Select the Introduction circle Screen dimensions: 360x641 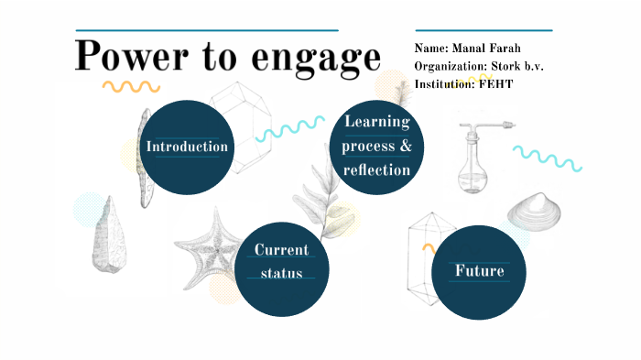pos(188,147)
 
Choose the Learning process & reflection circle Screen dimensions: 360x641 pos(377,147)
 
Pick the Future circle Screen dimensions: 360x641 pos(479,272)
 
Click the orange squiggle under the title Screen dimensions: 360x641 pos(131,87)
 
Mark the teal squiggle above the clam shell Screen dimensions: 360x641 pos(547,158)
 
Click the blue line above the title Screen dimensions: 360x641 pos(207,30)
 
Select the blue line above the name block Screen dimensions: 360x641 pos(483,30)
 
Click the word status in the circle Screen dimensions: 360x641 pos(281,273)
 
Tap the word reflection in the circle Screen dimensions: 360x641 pos(377,170)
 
